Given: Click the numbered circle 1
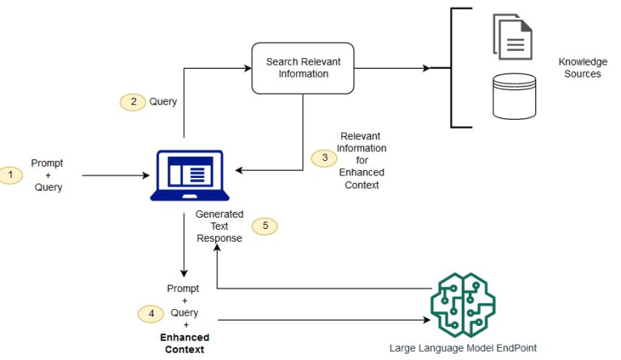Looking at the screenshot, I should click(x=11, y=175).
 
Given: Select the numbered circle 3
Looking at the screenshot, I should click(x=324, y=158).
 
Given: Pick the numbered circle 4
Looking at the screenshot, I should click(x=150, y=312).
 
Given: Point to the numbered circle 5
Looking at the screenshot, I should click(x=264, y=227).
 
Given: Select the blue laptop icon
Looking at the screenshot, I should click(x=186, y=176).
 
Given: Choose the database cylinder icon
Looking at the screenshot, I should click(x=514, y=96).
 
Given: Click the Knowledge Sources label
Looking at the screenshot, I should click(x=582, y=68).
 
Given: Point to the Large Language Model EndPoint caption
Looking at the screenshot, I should click(x=463, y=348).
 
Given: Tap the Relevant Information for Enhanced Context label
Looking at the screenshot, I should click(x=361, y=160).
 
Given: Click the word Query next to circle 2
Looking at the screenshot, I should click(x=163, y=102).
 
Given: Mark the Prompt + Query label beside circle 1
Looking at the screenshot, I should click(x=47, y=175).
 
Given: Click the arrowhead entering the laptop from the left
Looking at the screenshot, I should click(x=146, y=175).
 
